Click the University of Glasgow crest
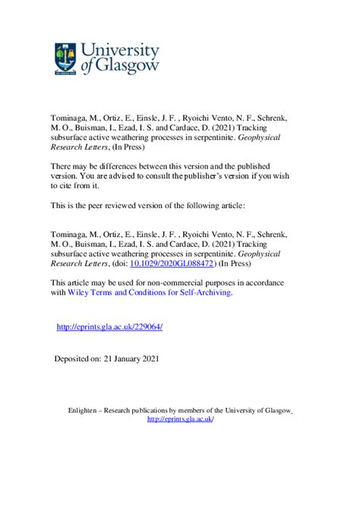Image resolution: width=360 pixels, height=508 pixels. (x=66, y=58)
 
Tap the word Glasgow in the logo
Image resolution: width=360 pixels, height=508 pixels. (x=131, y=68)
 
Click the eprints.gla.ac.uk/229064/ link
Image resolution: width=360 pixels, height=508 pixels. (x=110, y=327)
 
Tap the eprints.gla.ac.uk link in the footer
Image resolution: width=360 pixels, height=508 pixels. (x=180, y=418)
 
